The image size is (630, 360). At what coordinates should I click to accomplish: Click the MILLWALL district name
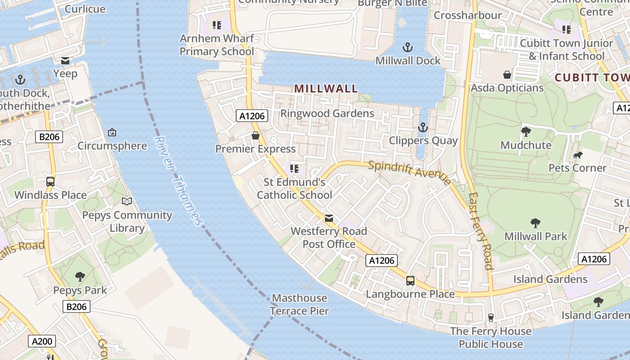click(x=326, y=89)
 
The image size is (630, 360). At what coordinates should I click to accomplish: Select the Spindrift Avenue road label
click(x=409, y=172)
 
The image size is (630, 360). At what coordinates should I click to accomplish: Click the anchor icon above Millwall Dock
click(x=407, y=47)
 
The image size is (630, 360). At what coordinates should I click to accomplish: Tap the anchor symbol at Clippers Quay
click(x=423, y=127)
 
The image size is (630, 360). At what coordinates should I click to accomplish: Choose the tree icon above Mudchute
click(x=526, y=132)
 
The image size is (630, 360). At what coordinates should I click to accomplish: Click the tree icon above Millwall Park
click(x=535, y=223)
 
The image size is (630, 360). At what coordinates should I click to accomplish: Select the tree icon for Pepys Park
click(x=80, y=276)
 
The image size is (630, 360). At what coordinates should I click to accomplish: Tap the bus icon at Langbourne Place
click(x=410, y=281)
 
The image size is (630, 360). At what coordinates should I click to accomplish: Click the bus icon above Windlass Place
click(x=50, y=182)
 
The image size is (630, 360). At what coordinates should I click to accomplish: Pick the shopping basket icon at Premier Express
click(x=256, y=135)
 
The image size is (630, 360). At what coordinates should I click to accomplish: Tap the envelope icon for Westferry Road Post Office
click(x=329, y=218)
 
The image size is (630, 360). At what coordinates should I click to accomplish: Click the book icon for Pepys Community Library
click(x=127, y=202)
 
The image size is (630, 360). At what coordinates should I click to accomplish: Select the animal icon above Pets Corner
click(x=578, y=155)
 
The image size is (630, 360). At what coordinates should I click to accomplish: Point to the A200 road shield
click(x=42, y=341)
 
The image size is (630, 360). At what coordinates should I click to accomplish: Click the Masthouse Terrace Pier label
click(x=300, y=304)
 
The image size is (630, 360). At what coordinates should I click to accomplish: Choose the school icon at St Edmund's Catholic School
click(x=294, y=169)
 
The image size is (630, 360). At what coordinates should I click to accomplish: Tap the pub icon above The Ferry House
click(x=490, y=318)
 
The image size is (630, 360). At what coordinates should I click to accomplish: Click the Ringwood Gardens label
click(x=327, y=113)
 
